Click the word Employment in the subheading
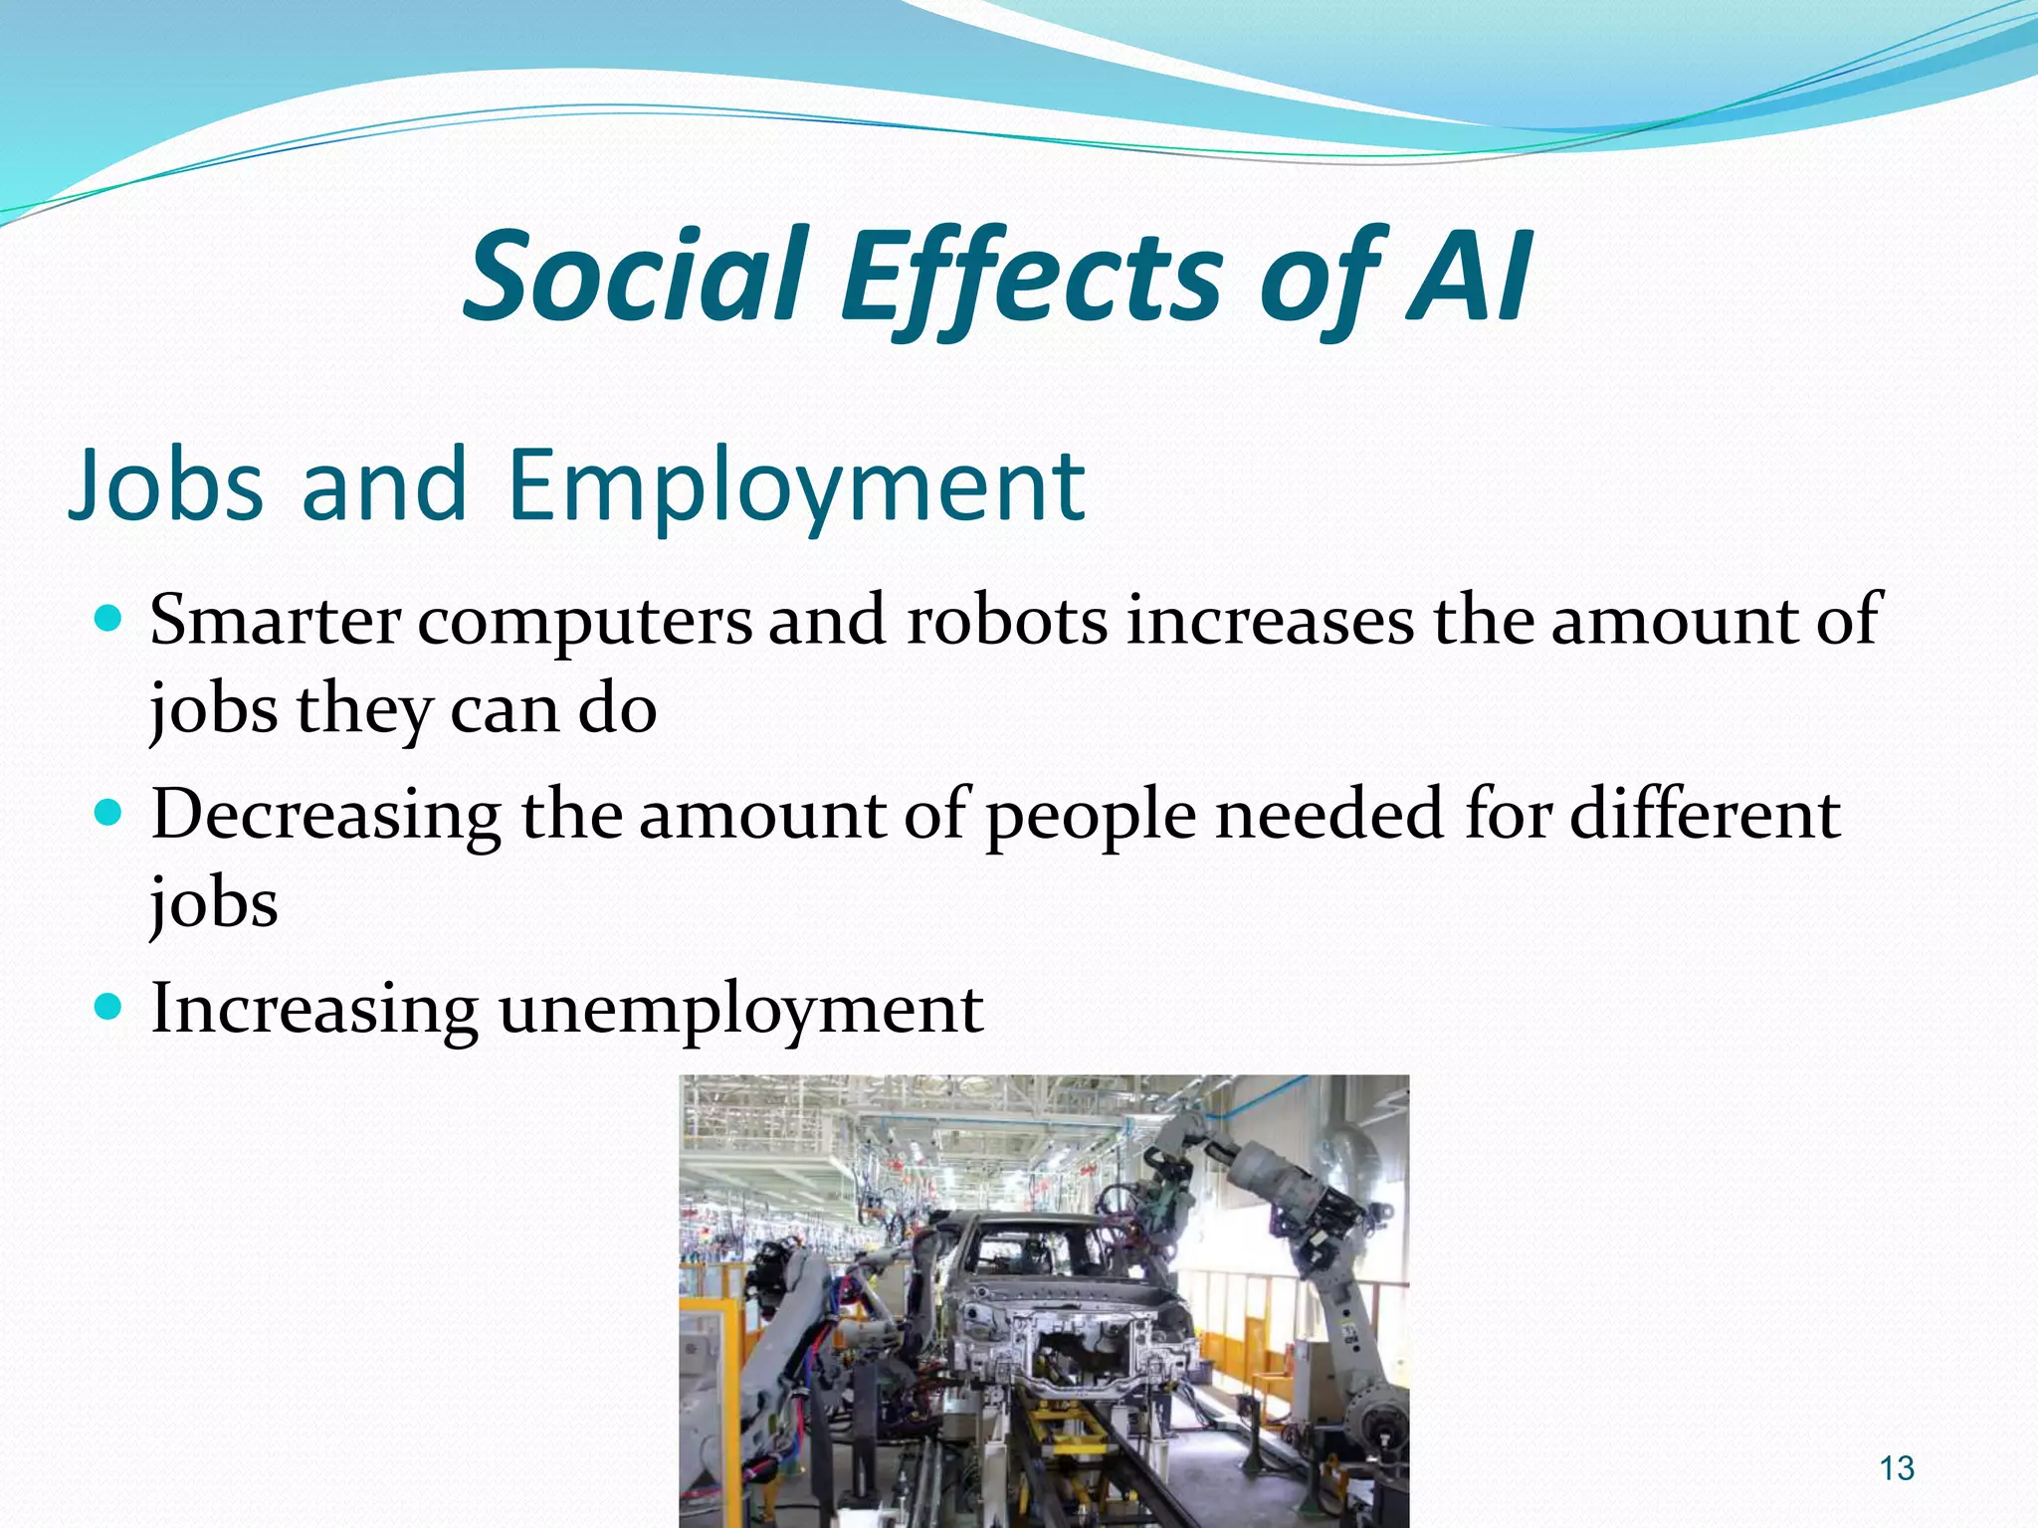coord(796,485)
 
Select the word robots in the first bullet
coord(1007,620)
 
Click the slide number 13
coord(1898,1468)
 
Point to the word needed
coord(1329,814)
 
